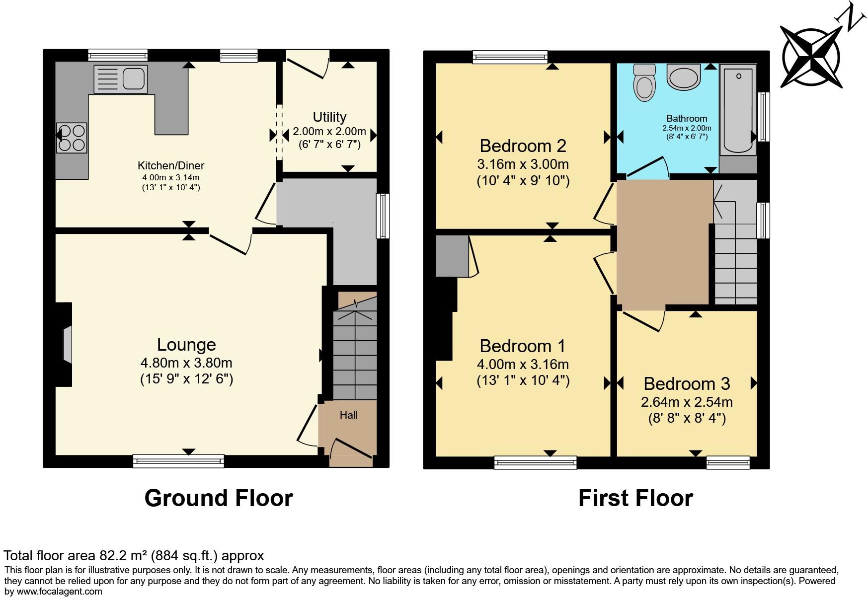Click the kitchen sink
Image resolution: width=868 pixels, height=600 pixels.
coord(121,78)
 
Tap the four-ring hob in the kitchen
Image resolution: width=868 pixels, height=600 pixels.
coord(72,138)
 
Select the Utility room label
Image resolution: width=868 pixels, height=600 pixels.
coord(329,117)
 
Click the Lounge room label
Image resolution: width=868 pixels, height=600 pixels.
coord(186,345)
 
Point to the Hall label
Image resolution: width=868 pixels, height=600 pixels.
coord(348,415)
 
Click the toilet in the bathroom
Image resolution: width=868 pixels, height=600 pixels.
coord(644,83)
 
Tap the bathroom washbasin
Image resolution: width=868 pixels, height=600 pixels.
coord(684,77)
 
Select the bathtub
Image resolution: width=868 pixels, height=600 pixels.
coord(738,110)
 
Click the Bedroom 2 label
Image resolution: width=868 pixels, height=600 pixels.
coord(523,146)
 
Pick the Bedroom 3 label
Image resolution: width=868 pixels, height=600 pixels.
coord(687,384)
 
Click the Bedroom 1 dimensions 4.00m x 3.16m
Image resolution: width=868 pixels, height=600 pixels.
coord(523,365)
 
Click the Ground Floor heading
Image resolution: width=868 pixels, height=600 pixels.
coord(219,498)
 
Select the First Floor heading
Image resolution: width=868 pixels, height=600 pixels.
coord(635,498)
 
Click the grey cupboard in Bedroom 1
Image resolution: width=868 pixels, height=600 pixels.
coord(452,256)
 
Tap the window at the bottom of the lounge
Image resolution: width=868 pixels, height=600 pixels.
coord(178,461)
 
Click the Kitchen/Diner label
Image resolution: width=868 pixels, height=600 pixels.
coord(171,166)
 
